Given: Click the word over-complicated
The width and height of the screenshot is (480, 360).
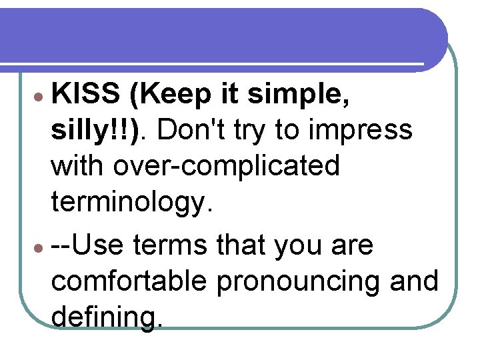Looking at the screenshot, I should coord(225,165).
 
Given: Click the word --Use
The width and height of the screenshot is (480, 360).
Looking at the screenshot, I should coord(89,245).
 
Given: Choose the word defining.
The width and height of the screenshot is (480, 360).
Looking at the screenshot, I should coord(107,315).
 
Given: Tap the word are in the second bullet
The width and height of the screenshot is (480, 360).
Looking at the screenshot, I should coord(351,247).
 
